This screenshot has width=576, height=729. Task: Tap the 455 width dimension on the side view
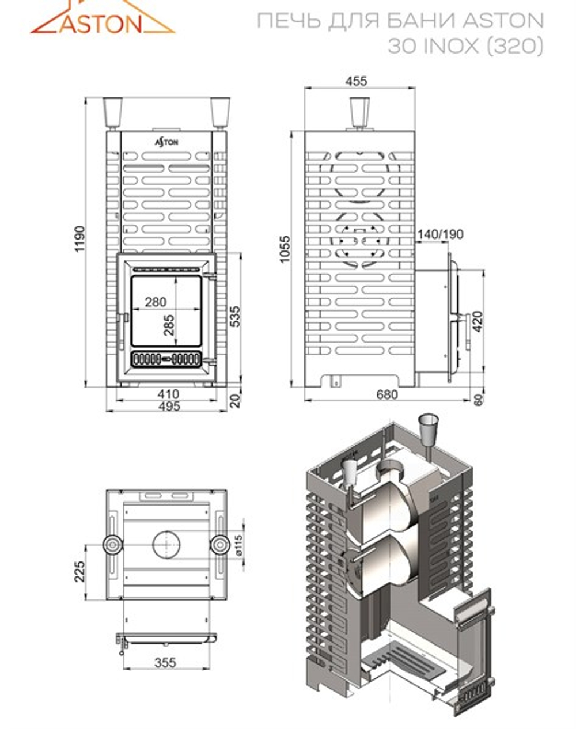coord(357,81)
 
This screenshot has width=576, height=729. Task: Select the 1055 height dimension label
coord(284,249)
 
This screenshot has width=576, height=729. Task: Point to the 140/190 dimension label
coord(441,234)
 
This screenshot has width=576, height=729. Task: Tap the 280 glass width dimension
coord(156,302)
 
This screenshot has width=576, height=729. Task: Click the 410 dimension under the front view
coord(168,394)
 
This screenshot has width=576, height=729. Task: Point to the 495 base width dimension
coord(168,406)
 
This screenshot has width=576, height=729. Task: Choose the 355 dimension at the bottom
coord(165,663)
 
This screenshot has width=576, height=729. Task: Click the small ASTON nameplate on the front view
coord(167,142)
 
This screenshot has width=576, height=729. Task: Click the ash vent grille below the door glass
coord(166,359)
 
